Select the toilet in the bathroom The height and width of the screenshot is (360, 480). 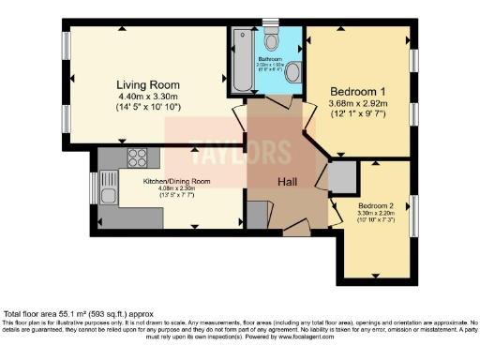point(273,39)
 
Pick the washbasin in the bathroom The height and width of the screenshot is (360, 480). point(292,72)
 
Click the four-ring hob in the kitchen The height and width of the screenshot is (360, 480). point(136,157)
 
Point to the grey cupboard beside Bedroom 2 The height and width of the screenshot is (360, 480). point(340,176)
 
